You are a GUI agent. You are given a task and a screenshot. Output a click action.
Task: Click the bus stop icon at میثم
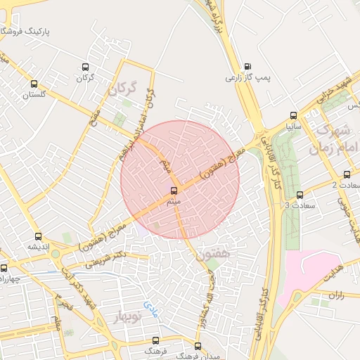tap(174, 191)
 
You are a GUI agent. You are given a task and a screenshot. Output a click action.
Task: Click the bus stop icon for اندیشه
tap(38, 236)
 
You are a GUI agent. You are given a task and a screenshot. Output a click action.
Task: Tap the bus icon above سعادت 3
tap(300, 195)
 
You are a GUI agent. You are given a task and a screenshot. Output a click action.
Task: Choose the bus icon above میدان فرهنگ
tap(198, 346)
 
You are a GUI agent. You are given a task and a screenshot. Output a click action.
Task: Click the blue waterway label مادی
tap(152, 306)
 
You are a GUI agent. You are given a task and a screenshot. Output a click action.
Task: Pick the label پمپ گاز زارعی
tap(248, 77)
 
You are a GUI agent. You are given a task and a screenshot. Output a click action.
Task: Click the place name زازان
tap(335, 295)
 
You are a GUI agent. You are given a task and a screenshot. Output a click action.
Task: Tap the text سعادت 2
tap(344, 185)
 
